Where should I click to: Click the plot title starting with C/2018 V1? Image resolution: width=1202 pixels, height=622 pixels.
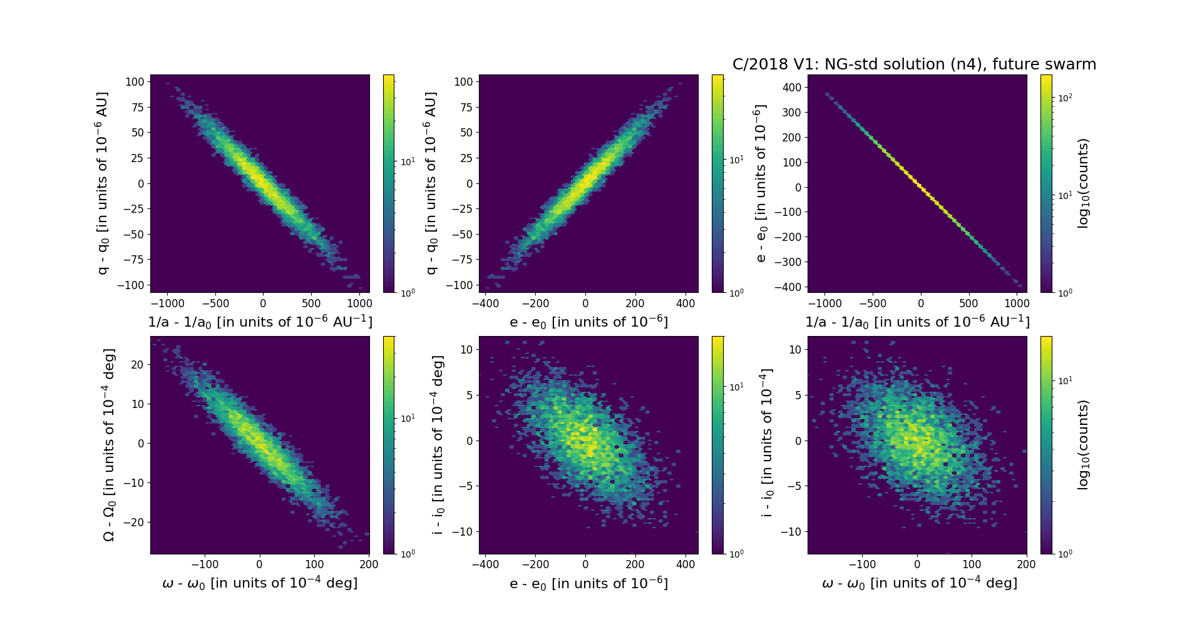pyautogui.click(x=914, y=64)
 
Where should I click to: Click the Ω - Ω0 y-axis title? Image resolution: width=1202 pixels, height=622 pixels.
pyautogui.click(x=109, y=445)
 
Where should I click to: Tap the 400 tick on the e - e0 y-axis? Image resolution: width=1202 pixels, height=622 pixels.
pyautogui.click(x=792, y=88)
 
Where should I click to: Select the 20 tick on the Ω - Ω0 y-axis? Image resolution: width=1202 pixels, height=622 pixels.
pyautogui.click(x=137, y=365)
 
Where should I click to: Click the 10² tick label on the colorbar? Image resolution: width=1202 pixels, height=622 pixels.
pyautogui.click(x=1065, y=98)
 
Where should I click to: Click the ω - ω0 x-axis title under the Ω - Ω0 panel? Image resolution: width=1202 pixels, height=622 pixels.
pyautogui.click(x=260, y=583)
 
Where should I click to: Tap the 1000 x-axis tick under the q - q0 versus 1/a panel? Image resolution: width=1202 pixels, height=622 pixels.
pyautogui.click(x=359, y=303)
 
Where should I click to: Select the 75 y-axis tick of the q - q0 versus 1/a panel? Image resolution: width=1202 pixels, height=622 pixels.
pyautogui.click(x=137, y=107)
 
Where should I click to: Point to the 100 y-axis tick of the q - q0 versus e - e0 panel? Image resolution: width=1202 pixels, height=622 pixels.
pyautogui.click(x=463, y=82)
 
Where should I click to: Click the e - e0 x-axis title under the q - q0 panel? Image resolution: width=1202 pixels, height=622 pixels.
pyautogui.click(x=588, y=322)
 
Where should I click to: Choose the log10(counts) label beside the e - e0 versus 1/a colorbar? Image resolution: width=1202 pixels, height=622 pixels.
pyautogui.click(x=1084, y=183)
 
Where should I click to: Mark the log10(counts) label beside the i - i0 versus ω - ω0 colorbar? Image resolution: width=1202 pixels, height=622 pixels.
pyautogui.click(x=1084, y=445)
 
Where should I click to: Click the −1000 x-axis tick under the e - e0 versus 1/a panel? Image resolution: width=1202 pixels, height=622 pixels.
pyautogui.click(x=824, y=303)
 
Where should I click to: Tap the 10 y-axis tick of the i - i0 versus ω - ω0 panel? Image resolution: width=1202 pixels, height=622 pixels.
pyautogui.click(x=795, y=350)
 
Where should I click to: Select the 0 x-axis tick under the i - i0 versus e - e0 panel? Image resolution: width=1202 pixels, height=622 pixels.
pyautogui.click(x=585, y=564)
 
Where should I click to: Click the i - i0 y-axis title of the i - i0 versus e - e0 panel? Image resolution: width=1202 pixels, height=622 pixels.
pyautogui.click(x=438, y=445)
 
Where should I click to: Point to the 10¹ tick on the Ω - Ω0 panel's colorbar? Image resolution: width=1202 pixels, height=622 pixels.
pyautogui.click(x=408, y=418)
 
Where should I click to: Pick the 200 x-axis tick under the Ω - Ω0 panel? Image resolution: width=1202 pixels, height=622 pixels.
pyautogui.click(x=369, y=564)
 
